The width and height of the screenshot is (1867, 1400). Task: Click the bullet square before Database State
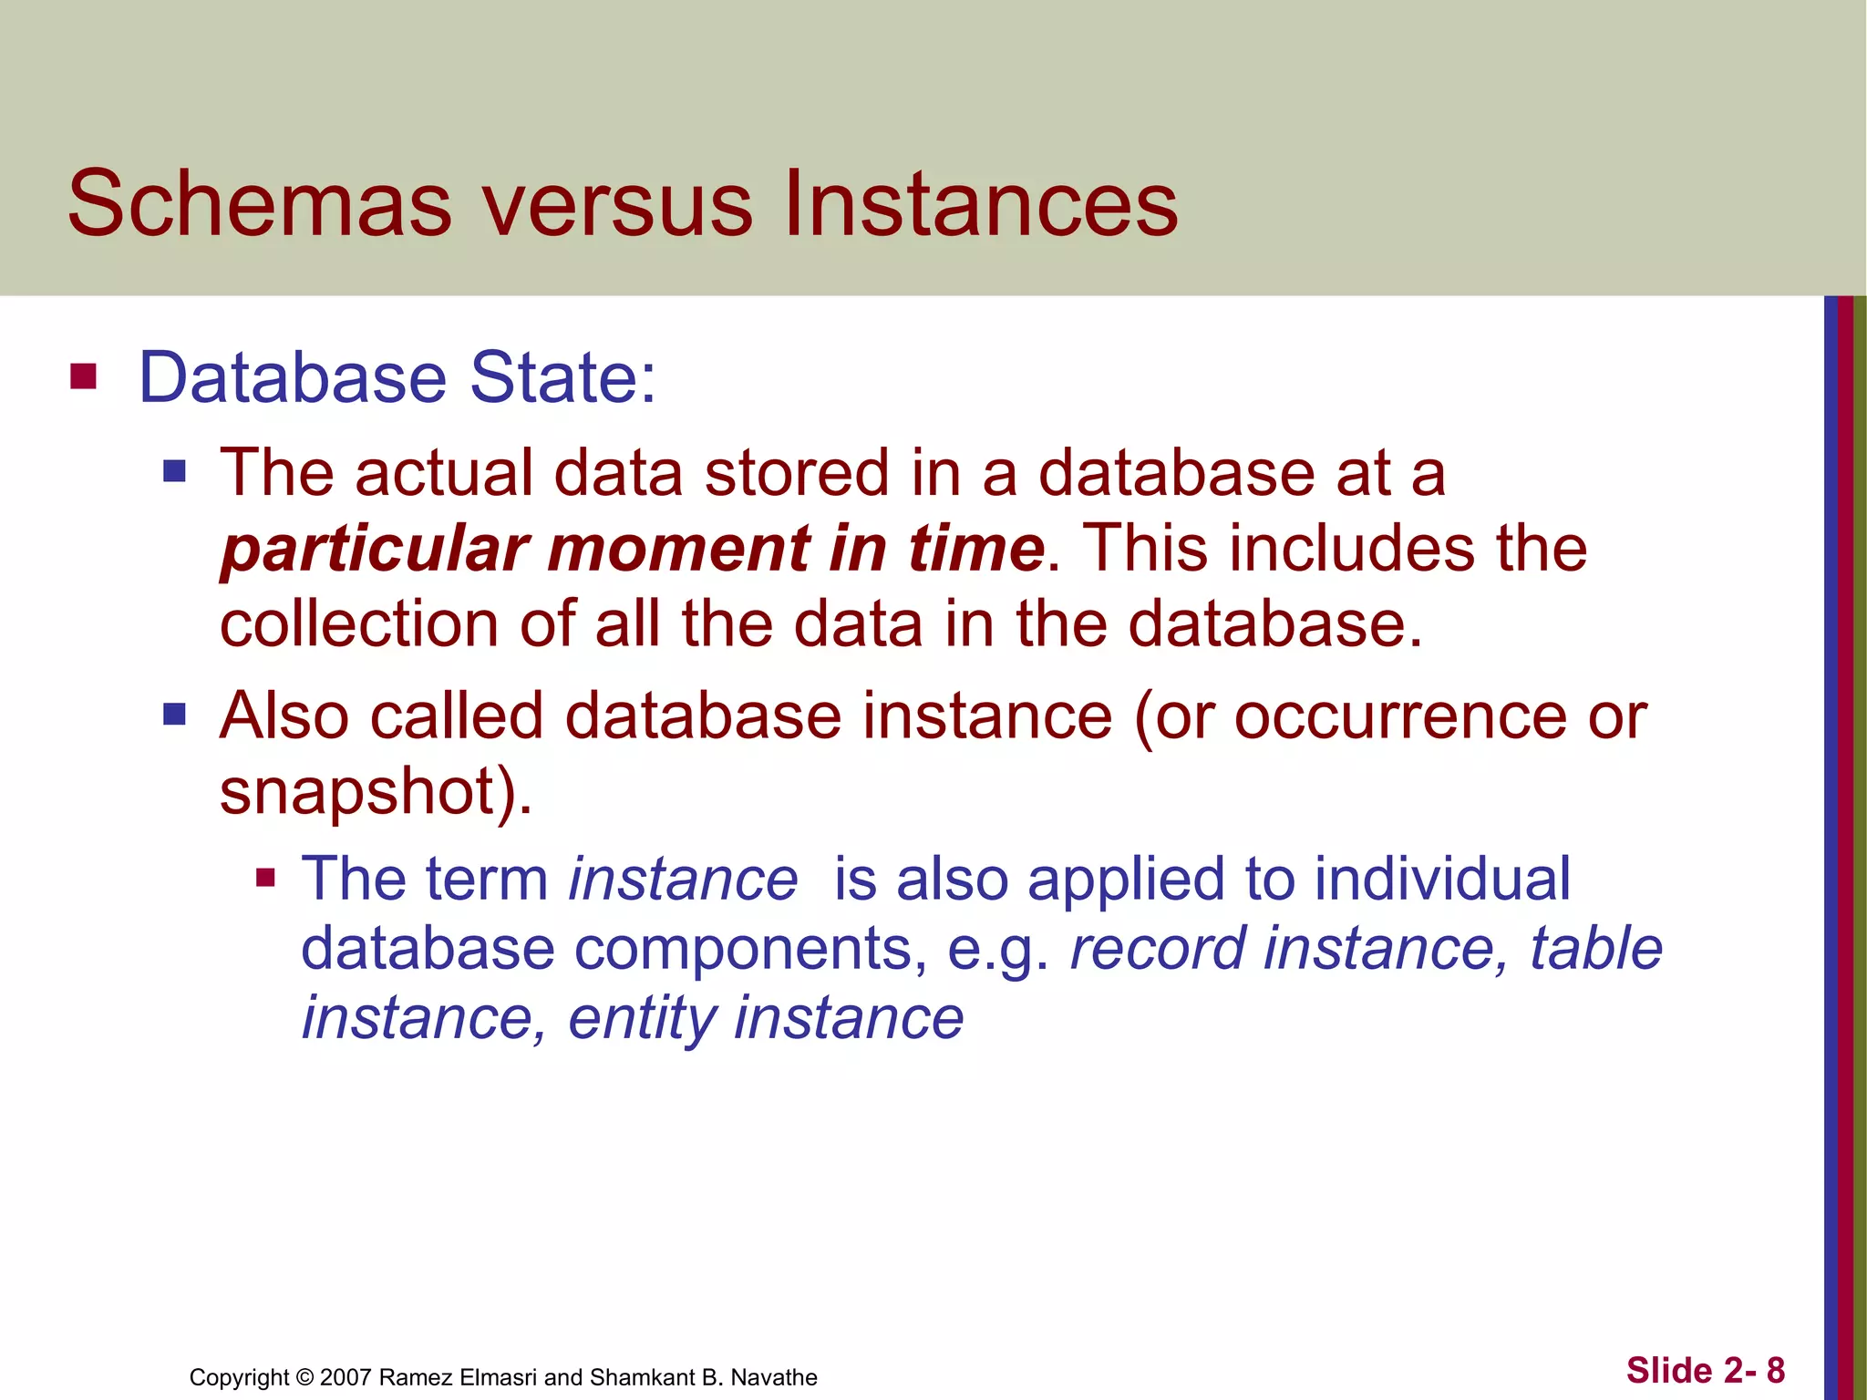pyautogui.click(x=83, y=376)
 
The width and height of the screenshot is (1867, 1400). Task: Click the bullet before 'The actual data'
pyautogui.click(x=174, y=471)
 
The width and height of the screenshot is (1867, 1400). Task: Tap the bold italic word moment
pyautogui.click(x=678, y=549)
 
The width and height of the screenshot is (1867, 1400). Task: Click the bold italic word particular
pyautogui.click(x=375, y=551)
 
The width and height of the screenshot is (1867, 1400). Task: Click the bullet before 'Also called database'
pyautogui.click(x=174, y=714)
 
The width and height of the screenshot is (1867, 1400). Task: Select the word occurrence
pyautogui.click(x=1399, y=716)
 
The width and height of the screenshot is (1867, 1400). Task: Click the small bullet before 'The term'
pyautogui.click(x=265, y=878)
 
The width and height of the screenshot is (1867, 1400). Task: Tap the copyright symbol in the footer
pyautogui.click(x=305, y=1377)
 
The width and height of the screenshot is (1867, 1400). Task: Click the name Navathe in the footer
pyautogui.click(x=774, y=1377)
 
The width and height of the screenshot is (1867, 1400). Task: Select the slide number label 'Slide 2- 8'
pyautogui.click(x=1706, y=1371)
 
